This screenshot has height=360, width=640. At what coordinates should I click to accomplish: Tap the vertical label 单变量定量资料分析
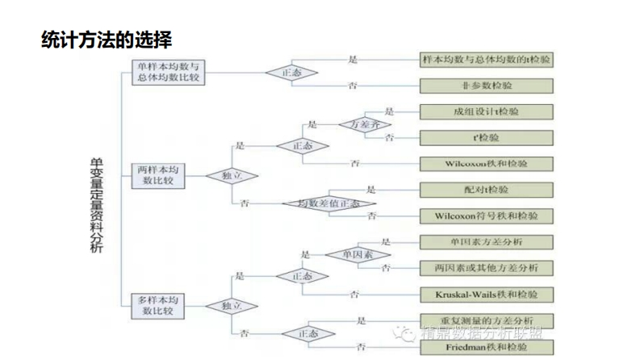[96, 207]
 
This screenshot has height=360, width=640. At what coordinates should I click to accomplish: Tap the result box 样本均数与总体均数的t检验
[487, 60]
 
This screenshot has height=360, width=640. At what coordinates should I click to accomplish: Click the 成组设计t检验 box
[487, 111]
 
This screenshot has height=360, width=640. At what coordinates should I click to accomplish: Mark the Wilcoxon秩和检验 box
[487, 163]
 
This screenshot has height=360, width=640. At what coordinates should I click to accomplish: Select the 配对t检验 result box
[487, 190]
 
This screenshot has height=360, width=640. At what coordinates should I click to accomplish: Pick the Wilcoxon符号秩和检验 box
[487, 216]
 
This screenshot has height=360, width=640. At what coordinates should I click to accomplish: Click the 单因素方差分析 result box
[487, 241]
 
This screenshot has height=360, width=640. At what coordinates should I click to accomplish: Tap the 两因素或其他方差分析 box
[487, 267]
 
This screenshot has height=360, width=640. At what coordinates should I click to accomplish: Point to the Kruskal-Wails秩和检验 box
[487, 293]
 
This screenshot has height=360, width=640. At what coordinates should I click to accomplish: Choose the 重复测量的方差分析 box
[487, 320]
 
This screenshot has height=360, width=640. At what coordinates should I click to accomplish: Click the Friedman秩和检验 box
[487, 347]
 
